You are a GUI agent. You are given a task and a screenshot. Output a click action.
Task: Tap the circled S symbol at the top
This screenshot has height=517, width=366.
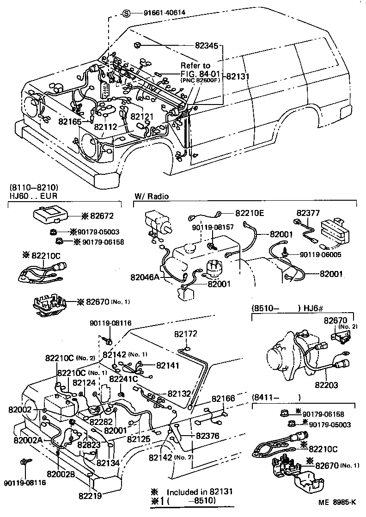point(128,12)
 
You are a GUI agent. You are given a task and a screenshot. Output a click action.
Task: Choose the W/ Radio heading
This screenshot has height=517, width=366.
point(151,196)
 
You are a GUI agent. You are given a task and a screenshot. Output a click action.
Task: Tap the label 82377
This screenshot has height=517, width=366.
point(308,213)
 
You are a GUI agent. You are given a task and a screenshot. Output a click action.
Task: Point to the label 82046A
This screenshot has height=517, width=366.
point(145,277)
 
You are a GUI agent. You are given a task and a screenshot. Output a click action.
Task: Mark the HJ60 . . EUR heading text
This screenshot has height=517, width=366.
point(31,196)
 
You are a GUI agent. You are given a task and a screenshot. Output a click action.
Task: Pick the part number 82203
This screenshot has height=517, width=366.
point(326,384)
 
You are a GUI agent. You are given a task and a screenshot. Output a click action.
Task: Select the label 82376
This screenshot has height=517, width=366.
point(207,436)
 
